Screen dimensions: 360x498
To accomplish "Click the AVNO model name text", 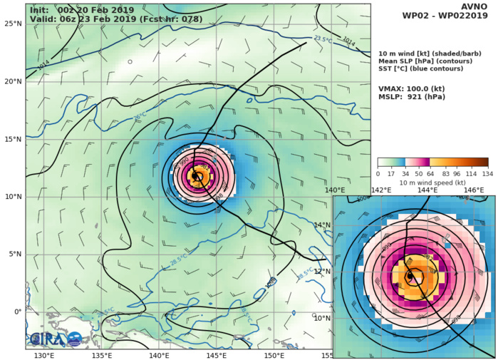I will tap(475, 7).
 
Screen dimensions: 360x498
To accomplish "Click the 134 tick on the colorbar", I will tap(487, 173).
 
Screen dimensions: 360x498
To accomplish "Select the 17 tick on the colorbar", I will tap(391, 173).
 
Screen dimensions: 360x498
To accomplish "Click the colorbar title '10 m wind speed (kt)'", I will tap(433, 182).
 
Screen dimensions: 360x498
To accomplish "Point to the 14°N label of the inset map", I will tap(323, 225).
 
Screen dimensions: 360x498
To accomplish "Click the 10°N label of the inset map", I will tap(323, 318).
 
